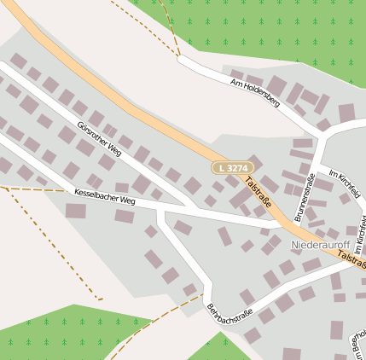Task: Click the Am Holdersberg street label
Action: point(255,93)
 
